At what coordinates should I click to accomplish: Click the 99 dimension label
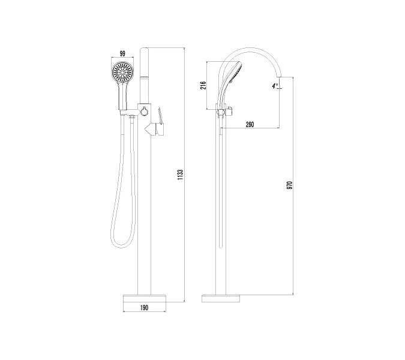[122, 53]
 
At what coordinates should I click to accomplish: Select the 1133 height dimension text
[180, 175]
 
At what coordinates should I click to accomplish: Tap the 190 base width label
[145, 308]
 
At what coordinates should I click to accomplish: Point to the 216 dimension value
[203, 85]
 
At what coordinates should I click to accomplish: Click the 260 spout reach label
[250, 124]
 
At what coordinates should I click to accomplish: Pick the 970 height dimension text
[290, 185]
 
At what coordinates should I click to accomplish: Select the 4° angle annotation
[275, 86]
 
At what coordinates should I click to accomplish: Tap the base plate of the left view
[145, 298]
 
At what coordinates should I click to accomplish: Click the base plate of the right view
[221, 298]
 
